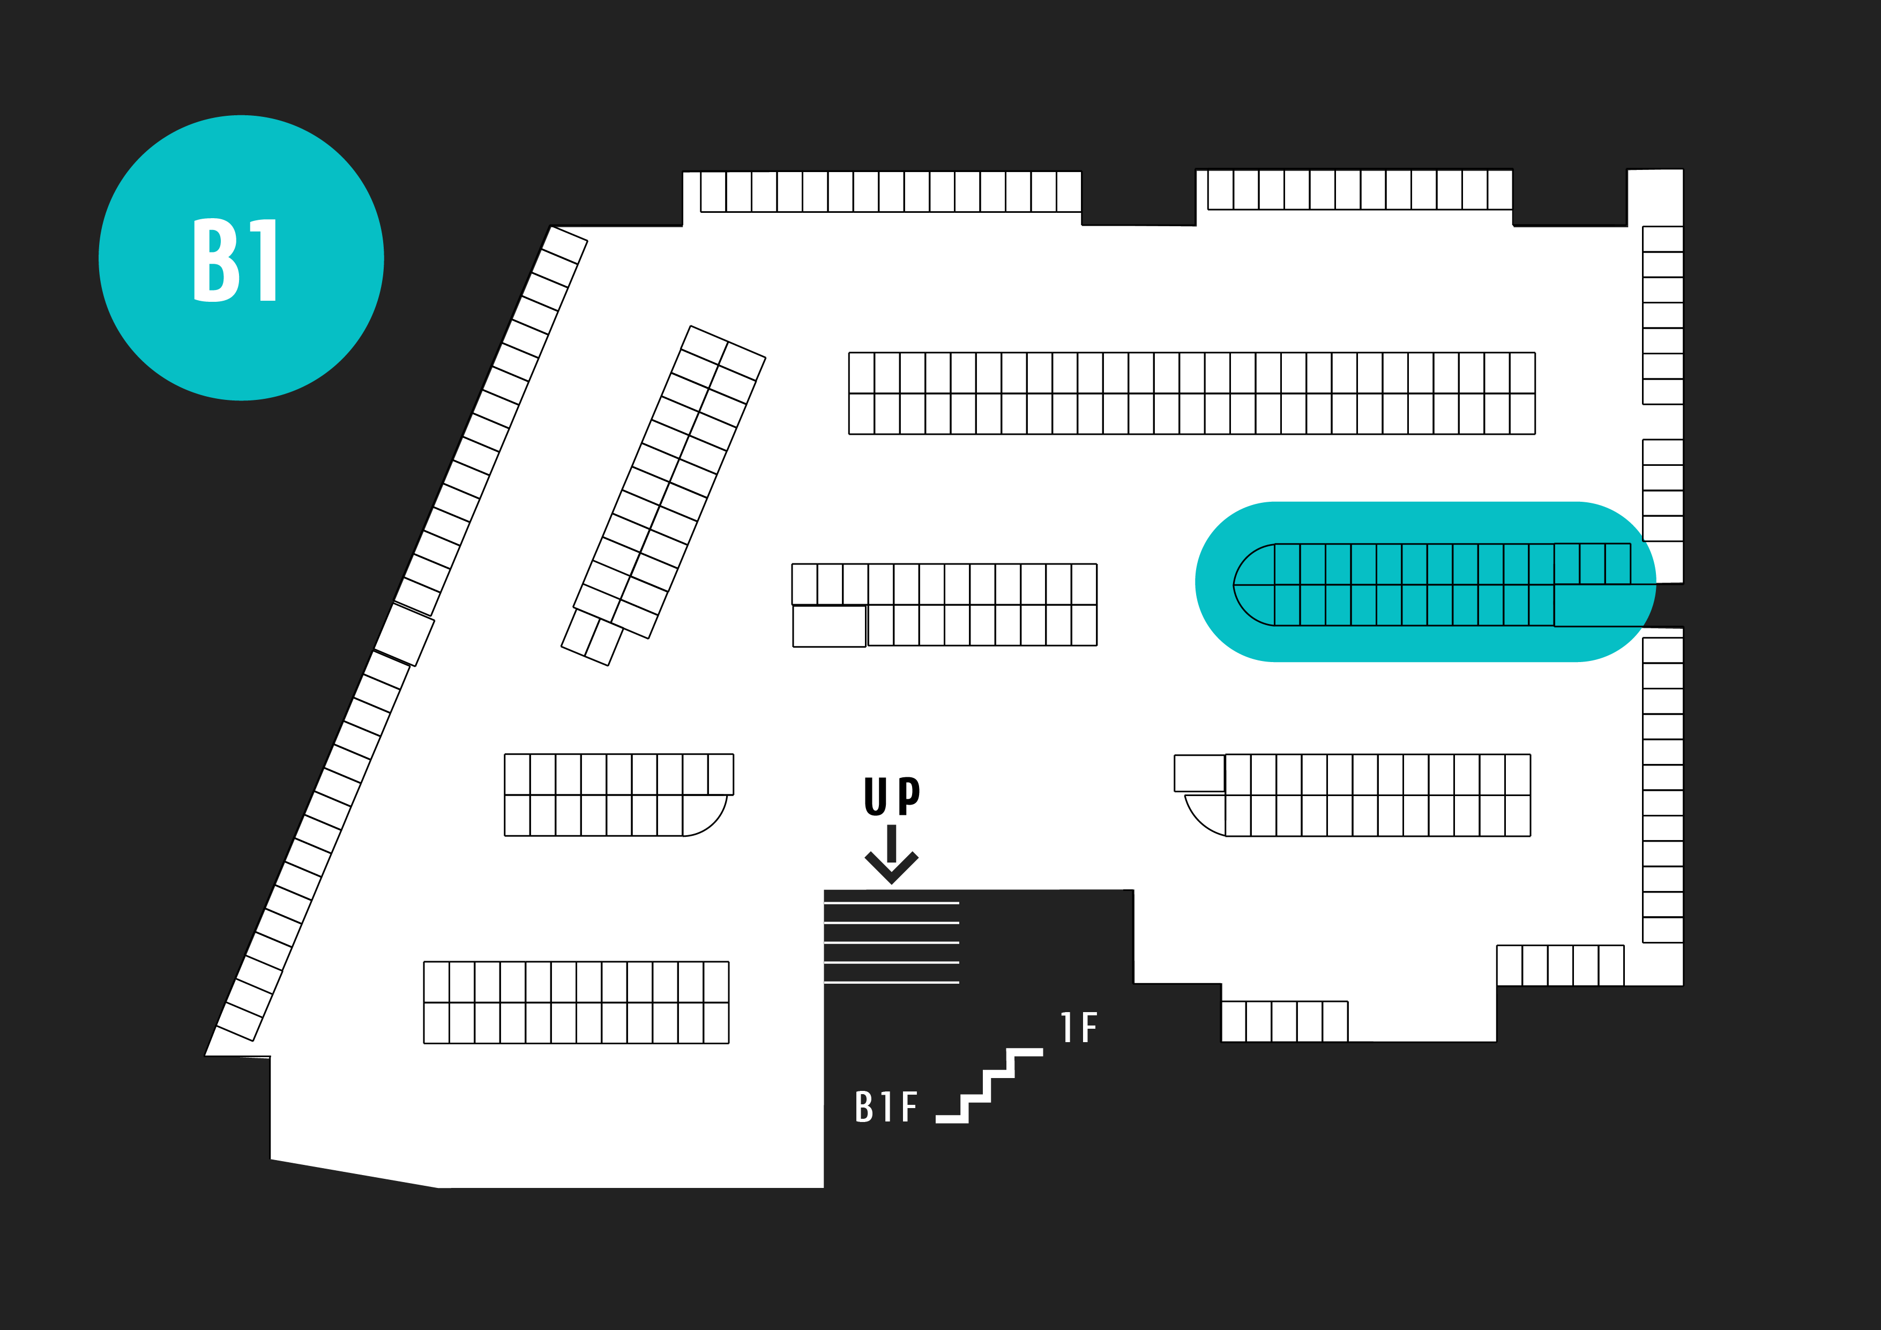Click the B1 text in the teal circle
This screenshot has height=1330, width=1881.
click(x=236, y=260)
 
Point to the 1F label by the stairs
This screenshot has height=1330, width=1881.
click(x=1078, y=1028)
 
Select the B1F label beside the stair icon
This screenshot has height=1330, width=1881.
click(x=886, y=1106)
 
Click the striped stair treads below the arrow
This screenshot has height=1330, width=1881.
click(x=891, y=942)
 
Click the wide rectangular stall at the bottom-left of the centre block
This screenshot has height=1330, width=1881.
click(x=829, y=627)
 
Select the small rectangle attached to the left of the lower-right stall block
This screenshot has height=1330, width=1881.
click(x=1199, y=774)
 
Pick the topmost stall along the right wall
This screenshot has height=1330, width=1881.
click(x=1662, y=239)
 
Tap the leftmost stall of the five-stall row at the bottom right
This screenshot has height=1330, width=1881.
click(x=1234, y=1021)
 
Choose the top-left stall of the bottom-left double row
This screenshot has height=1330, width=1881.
click(x=437, y=982)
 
